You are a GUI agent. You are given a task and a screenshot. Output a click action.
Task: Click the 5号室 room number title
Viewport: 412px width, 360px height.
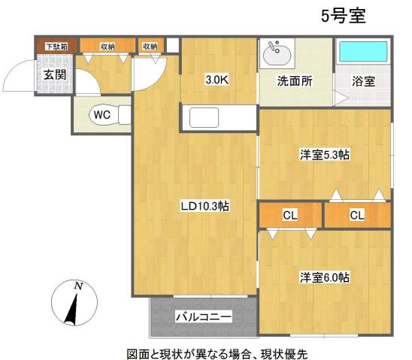[x=342, y=16]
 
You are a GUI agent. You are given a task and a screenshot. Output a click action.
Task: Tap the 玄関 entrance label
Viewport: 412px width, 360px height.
[x=53, y=75]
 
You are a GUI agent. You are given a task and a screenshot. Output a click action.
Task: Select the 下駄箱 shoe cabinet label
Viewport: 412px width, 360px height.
[x=56, y=47]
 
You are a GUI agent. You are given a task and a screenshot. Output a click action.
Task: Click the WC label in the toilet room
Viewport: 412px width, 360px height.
[x=101, y=115]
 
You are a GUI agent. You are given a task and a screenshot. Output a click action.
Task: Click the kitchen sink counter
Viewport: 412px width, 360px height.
[x=204, y=118]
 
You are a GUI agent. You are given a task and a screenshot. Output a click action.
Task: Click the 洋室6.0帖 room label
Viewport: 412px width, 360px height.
[x=325, y=277]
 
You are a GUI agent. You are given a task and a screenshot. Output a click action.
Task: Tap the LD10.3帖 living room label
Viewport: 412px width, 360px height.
[x=204, y=206]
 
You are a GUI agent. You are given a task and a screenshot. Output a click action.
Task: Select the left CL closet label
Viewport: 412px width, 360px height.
[x=290, y=216]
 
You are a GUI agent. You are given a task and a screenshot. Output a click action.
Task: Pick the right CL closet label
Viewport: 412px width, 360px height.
[x=357, y=216]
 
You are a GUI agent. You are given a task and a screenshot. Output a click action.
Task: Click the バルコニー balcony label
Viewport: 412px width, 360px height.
[x=204, y=317]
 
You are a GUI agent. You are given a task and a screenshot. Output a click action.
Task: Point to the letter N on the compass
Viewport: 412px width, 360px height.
[x=77, y=286]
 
